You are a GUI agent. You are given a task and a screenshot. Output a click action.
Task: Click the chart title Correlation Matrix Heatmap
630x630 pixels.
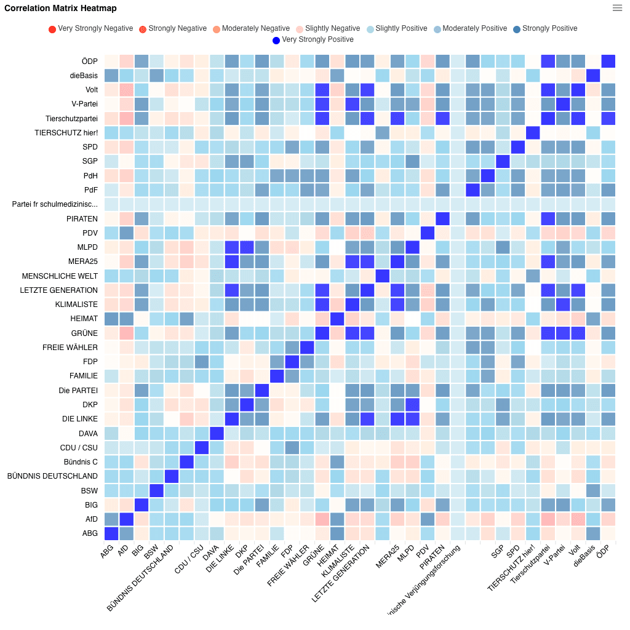[x=60, y=9]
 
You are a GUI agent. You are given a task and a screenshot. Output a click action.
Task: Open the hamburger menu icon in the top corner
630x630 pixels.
[x=617, y=8]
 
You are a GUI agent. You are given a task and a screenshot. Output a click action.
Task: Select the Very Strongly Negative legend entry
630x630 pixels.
[x=90, y=29]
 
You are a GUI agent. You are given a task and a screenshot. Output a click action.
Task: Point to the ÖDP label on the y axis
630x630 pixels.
[x=89, y=62]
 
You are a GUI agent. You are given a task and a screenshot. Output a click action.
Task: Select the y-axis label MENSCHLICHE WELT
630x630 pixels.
[x=60, y=276]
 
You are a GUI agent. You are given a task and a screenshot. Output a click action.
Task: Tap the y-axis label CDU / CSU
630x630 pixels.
[x=79, y=448]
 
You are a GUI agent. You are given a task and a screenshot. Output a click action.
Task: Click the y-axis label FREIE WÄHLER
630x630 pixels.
[x=70, y=348]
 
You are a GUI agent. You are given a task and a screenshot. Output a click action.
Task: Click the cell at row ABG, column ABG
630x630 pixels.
[x=111, y=533]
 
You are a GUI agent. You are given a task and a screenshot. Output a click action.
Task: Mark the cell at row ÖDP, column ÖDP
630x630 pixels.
[x=608, y=62]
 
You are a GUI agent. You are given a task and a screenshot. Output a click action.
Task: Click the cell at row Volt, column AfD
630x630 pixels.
[x=126, y=90]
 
